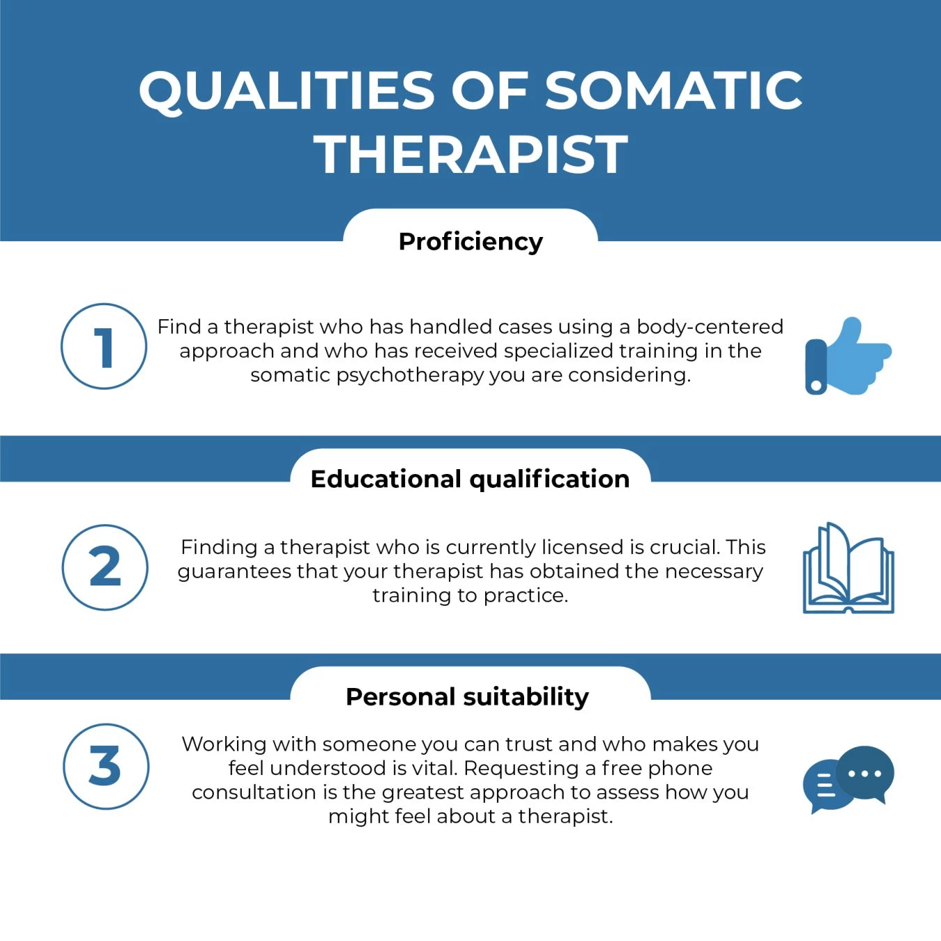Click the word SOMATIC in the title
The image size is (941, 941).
click(673, 91)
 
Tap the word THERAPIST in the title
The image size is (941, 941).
click(471, 154)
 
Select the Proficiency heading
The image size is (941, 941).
click(470, 241)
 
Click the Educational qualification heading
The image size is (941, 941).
click(470, 479)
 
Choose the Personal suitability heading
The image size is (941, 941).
click(467, 696)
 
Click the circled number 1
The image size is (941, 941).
click(104, 346)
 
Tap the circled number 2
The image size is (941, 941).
click(105, 567)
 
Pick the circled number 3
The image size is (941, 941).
click(105, 766)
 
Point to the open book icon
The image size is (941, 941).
click(848, 569)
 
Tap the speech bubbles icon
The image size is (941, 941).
click(848, 779)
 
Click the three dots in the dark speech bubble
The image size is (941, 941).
click(865, 774)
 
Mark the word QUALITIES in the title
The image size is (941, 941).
click(286, 91)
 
